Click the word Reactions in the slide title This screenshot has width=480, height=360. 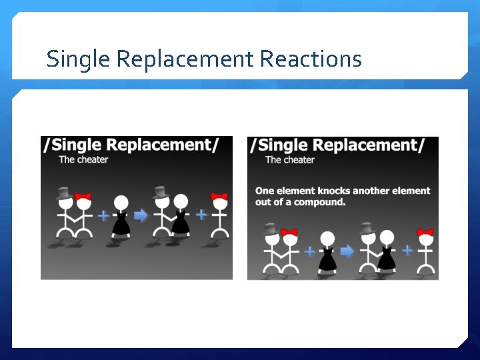[x=311, y=59]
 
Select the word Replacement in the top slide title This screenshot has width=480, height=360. [x=185, y=59]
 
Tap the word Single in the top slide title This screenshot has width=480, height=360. [x=79, y=59]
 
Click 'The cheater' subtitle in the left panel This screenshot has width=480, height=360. [x=83, y=159]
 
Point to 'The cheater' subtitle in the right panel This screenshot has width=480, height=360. [x=290, y=159]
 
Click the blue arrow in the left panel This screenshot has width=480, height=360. [x=141, y=215]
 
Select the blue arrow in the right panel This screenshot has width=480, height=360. [x=347, y=251]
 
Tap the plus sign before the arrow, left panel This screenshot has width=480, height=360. [x=103, y=215]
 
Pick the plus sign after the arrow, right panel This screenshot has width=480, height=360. [x=407, y=251]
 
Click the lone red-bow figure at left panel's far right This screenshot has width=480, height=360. [x=219, y=215]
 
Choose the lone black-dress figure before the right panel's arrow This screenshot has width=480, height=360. [x=327, y=251]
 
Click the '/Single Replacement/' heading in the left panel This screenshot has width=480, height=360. [x=131, y=145]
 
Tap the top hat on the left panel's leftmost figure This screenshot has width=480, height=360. [x=65, y=193]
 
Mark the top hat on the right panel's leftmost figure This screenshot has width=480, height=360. [x=271, y=229]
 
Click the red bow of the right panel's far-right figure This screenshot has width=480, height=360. [x=425, y=233]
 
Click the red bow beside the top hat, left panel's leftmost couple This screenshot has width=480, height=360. [x=83, y=197]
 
